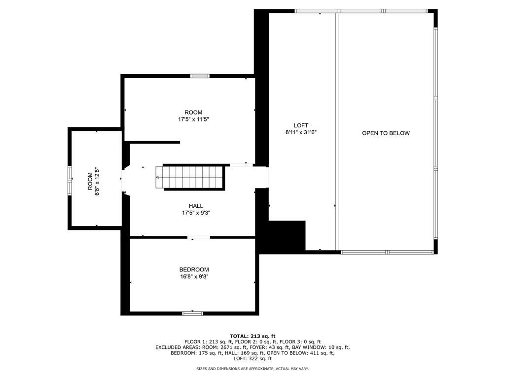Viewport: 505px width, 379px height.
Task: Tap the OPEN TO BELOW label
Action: tap(386, 133)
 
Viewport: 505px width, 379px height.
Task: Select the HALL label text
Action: tap(196, 206)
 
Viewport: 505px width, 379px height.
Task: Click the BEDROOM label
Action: tap(194, 269)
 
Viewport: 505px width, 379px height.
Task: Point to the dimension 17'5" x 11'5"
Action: tap(193, 119)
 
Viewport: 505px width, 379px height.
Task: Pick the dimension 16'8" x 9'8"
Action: tap(194, 276)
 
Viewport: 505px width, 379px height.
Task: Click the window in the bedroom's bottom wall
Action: tap(192, 313)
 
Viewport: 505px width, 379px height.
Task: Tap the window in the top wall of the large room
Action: tap(200, 76)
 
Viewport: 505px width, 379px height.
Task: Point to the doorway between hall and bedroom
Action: tap(200, 238)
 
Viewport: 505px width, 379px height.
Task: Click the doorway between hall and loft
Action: tap(261, 178)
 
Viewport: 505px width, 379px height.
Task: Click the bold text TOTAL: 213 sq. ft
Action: tap(252, 336)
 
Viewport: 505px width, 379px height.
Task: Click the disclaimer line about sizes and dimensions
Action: tap(252, 369)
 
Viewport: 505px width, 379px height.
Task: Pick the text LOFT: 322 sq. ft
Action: tap(252, 359)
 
